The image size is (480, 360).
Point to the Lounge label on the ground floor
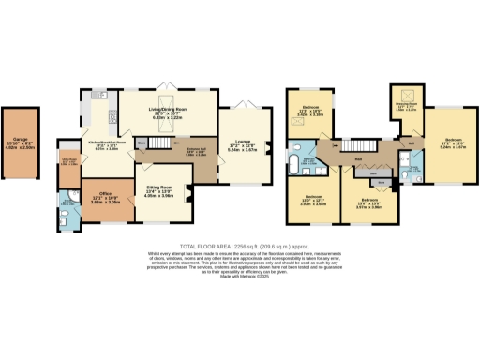[243, 146]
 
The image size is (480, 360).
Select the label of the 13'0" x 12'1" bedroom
[313, 201]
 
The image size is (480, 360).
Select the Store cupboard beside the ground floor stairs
[141, 143]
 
